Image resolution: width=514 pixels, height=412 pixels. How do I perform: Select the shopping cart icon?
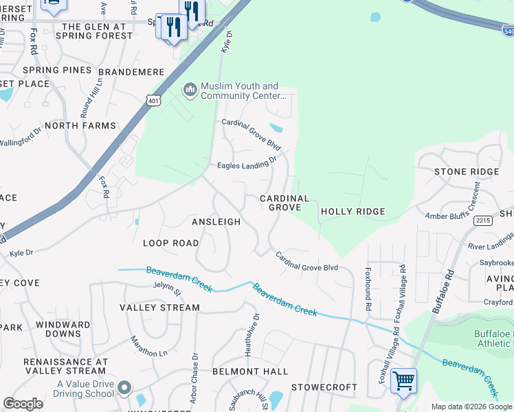403,380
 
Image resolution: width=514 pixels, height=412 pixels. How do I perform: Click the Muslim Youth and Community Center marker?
190,90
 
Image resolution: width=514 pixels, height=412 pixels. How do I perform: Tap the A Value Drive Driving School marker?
124,389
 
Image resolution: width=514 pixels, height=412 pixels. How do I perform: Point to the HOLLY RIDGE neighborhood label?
353,211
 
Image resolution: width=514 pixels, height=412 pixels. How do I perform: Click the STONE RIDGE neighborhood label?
467,172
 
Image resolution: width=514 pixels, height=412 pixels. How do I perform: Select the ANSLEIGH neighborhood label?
216,222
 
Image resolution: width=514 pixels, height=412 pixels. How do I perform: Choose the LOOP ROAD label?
171,243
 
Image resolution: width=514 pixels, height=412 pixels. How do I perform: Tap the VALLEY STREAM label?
160,308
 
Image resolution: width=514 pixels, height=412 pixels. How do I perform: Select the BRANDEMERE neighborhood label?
131,71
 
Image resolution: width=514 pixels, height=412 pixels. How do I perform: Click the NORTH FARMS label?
78,126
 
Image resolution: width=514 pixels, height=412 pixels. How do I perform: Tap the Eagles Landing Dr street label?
246,163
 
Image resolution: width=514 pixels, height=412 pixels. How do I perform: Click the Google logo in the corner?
23,404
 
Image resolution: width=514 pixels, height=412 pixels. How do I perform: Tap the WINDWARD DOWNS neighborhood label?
63,329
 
